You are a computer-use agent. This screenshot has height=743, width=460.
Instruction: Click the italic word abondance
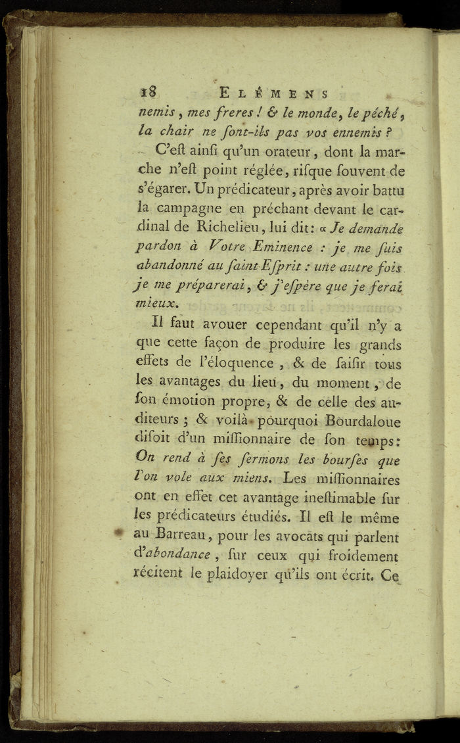178,556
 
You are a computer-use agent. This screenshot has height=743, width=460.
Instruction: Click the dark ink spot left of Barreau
119,533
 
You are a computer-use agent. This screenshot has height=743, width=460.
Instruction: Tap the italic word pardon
158,247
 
